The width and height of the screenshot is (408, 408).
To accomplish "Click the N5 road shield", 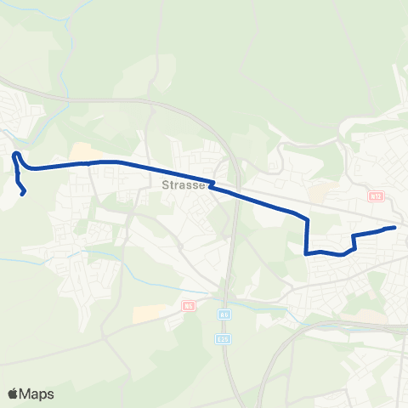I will tap(189, 307).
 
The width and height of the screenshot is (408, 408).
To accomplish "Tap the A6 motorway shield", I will tap(224, 314).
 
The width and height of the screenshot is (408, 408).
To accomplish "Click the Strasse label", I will tap(180, 184).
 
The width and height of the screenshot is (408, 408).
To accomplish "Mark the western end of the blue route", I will tap(23, 193).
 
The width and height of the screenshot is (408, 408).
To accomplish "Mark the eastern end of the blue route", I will tap(394, 228).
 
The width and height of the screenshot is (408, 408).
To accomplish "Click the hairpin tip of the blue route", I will tap(15, 154).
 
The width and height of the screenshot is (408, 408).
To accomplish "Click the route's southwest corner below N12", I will tap(306, 252).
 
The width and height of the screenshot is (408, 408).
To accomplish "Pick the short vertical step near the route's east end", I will tap(353, 241).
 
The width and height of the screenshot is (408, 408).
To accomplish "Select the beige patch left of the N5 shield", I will tap(146, 313).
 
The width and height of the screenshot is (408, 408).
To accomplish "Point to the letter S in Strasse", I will tap(163, 184).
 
